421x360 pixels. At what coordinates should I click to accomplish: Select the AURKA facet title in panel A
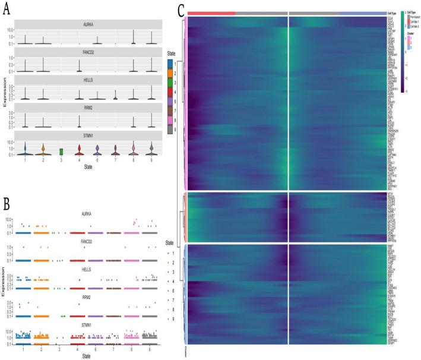pos(87,24)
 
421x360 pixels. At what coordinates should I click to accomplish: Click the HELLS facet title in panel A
pos(87,79)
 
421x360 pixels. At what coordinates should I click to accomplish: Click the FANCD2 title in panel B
pos(88,242)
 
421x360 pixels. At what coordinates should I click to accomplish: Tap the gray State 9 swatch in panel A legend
pos(171,129)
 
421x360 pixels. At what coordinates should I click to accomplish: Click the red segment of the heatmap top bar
pos(211,12)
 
